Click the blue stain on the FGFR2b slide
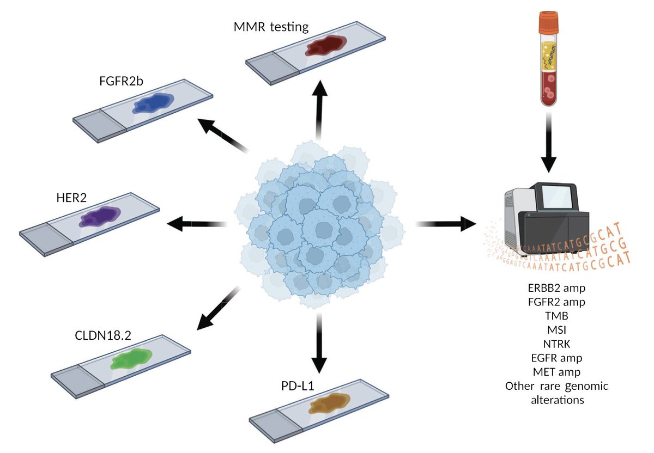click(x=153, y=103)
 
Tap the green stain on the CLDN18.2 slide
click(x=131, y=360)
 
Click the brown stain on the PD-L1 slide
click(x=329, y=405)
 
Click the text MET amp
click(x=556, y=372)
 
